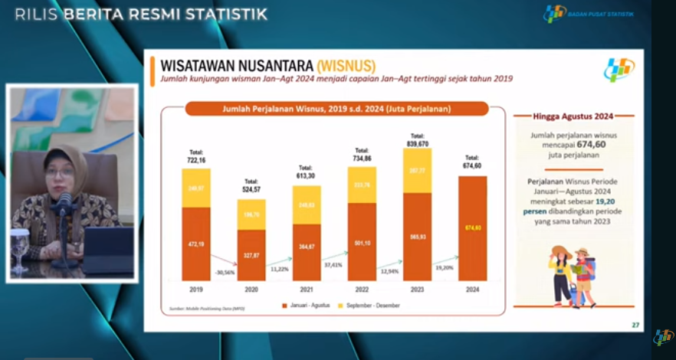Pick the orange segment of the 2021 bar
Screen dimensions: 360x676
[x=307, y=252]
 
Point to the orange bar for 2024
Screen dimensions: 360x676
[x=472, y=228]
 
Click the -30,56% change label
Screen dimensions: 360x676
[x=224, y=271]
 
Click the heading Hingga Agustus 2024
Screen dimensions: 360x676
[x=573, y=116]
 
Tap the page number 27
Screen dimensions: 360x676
[x=635, y=325]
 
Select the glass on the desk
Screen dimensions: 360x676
[x=20, y=247]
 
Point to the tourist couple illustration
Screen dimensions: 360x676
[x=573, y=276]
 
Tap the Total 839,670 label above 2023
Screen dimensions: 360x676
[x=417, y=140]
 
